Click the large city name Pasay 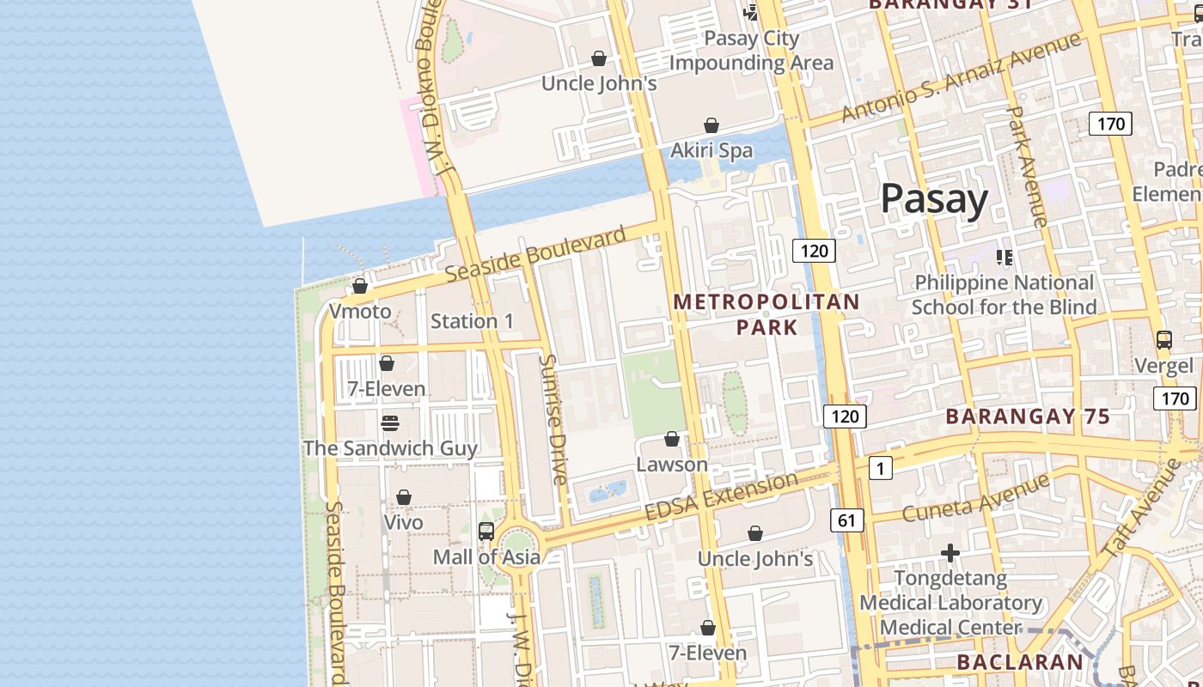point(934,199)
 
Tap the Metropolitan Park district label point(766,314)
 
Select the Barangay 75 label point(1028,417)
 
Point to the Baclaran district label point(1020,662)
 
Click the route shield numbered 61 point(846,520)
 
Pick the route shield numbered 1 point(881,468)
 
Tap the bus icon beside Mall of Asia point(486,532)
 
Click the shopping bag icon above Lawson point(672,440)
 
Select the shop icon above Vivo point(403,498)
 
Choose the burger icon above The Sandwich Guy point(389,423)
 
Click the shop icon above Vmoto point(360,286)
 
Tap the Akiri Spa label point(711,150)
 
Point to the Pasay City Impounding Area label point(751,51)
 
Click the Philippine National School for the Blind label point(1004,295)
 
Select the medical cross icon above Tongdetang point(950,554)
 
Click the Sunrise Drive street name point(553,419)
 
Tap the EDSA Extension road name point(721,497)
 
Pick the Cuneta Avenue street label point(976,497)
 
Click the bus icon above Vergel point(1163,340)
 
